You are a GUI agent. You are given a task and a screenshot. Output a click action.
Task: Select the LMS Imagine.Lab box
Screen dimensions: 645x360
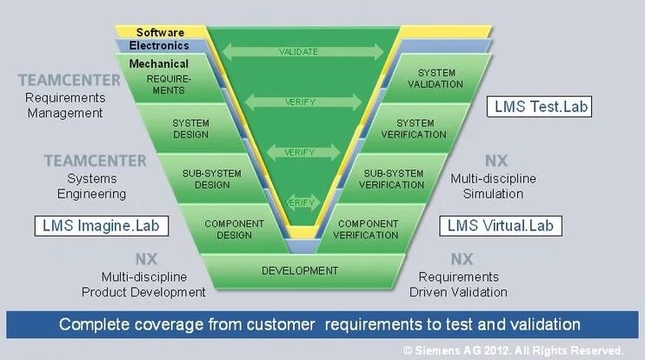pyautogui.click(x=103, y=225)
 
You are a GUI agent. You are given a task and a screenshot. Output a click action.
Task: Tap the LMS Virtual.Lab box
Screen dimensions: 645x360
pyautogui.click(x=499, y=225)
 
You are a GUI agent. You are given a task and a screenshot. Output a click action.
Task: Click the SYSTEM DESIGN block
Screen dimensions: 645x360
pyautogui.click(x=190, y=129)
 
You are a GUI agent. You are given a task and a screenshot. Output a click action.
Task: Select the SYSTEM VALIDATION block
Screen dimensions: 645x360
pyautogui.click(x=436, y=78)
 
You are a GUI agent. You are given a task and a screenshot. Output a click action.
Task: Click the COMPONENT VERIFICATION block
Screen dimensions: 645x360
pyautogui.click(x=366, y=230)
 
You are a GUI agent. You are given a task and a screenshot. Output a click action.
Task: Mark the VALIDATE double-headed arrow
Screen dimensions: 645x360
pyautogui.click(x=298, y=52)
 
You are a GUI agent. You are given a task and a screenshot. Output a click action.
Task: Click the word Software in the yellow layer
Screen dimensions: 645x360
pyautogui.click(x=160, y=32)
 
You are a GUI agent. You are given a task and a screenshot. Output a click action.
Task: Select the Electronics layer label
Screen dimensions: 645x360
pyautogui.click(x=158, y=46)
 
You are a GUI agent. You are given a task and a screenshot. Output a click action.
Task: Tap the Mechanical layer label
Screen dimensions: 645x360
pyautogui.click(x=159, y=63)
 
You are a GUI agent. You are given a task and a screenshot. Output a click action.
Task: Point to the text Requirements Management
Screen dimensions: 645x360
pyautogui.click(x=64, y=105)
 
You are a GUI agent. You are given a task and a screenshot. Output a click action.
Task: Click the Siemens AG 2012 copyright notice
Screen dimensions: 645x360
pyautogui.click(x=513, y=350)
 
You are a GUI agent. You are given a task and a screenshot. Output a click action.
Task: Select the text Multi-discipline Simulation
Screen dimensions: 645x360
pyautogui.click(x=493, y=185)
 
